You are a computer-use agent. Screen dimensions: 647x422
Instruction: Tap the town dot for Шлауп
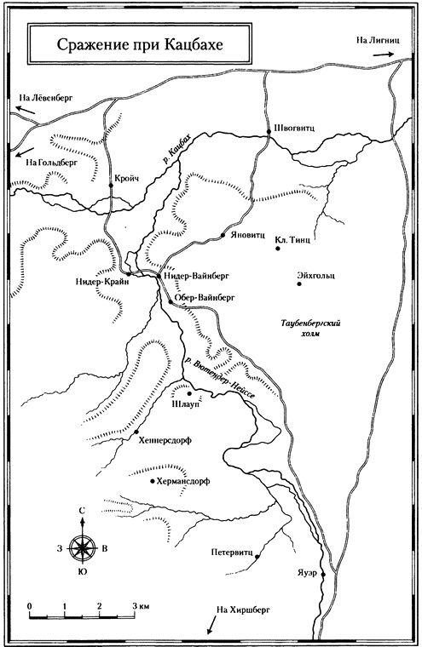188,393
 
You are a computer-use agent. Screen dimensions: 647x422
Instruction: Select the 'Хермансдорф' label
183,481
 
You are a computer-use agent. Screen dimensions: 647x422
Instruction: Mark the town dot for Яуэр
323,575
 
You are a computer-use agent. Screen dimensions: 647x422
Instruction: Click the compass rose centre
81,547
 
